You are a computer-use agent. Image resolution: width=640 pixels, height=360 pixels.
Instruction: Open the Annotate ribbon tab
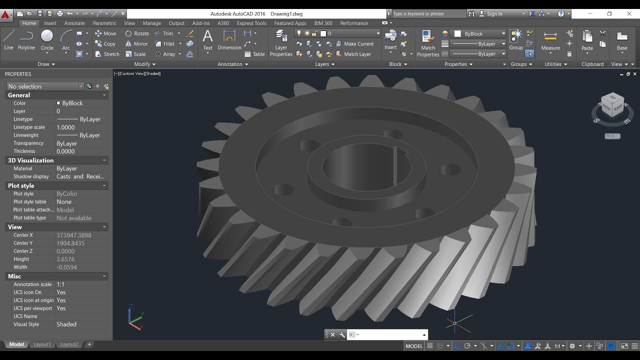74,23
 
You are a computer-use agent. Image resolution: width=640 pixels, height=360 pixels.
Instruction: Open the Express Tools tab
251,23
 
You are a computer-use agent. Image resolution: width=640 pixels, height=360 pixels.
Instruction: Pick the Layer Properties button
281,42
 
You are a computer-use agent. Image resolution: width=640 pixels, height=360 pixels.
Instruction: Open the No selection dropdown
45,86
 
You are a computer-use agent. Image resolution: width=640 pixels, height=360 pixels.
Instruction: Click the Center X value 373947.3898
74,235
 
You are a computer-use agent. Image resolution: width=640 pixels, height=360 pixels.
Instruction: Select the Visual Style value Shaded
66,324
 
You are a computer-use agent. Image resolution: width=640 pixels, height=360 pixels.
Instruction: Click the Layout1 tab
42,344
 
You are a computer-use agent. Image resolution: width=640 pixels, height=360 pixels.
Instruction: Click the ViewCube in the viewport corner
612,106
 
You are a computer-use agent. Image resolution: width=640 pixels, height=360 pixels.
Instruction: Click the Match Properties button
428,42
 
